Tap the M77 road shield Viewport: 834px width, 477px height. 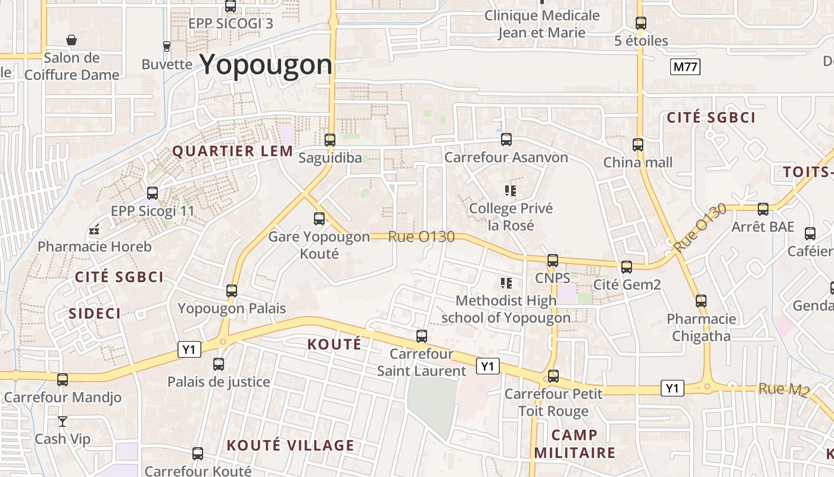point(684,67)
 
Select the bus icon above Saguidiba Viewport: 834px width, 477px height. point(330,140)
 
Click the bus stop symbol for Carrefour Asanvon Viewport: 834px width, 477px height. point(506,140)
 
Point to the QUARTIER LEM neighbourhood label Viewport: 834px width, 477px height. point(233,151)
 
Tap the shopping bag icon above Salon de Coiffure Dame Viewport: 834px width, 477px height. point(71,40)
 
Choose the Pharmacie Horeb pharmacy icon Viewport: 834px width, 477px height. point(94,230)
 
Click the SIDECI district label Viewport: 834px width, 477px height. point(95,314)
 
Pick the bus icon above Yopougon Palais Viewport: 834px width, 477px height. point(232,291)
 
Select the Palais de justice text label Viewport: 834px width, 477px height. point(219,382)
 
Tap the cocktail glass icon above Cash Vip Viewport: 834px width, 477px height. point(63,422)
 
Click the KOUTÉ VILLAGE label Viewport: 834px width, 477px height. point(291,445)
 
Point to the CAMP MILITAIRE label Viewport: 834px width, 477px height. point(574,444)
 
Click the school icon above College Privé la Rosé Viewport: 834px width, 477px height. point(511,191)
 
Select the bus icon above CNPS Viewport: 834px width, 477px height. point(553,261)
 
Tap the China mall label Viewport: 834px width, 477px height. point(638,162)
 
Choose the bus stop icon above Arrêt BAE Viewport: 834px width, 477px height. point(763,209)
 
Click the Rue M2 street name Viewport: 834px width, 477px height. point(783,390)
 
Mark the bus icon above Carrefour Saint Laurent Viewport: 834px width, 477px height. point(422,336)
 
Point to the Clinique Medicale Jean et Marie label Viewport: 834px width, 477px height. point(542,24)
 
